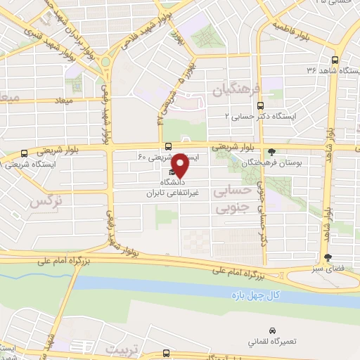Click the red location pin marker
click(x=180, y=166)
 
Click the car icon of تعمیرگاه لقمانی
click(x=272, y=330)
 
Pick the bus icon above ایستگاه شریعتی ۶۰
click(x=167, y=147)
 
